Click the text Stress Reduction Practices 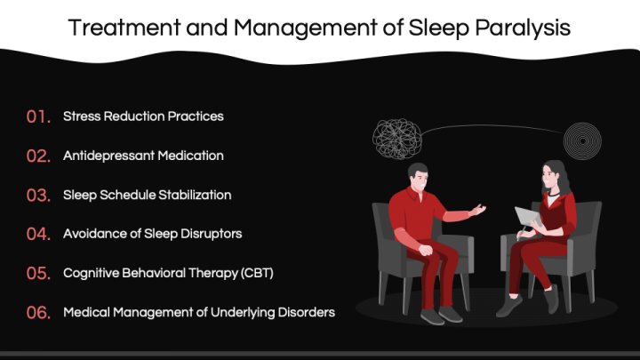tap(143, 116)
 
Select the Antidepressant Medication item tap(143, 156)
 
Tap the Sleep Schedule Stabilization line tap(147, 195)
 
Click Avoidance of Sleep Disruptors tap(152, 234)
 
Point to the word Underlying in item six tap(251, 312)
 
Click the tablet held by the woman tap(526, 216)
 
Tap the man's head tap(419, 175)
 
